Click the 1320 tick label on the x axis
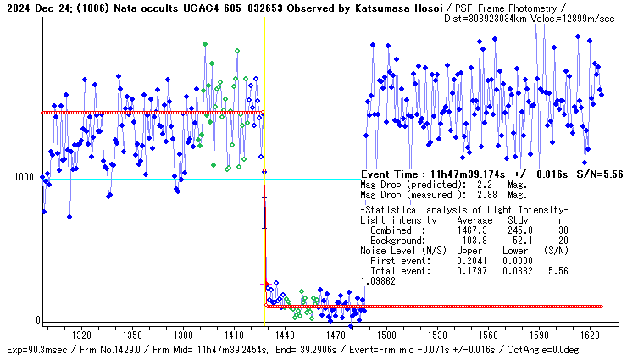pyautogui.click(x=82, y=335)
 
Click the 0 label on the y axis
pyautogui.click(x=38, y=319)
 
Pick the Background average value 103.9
pyautogui.click(x=471, y=241)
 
